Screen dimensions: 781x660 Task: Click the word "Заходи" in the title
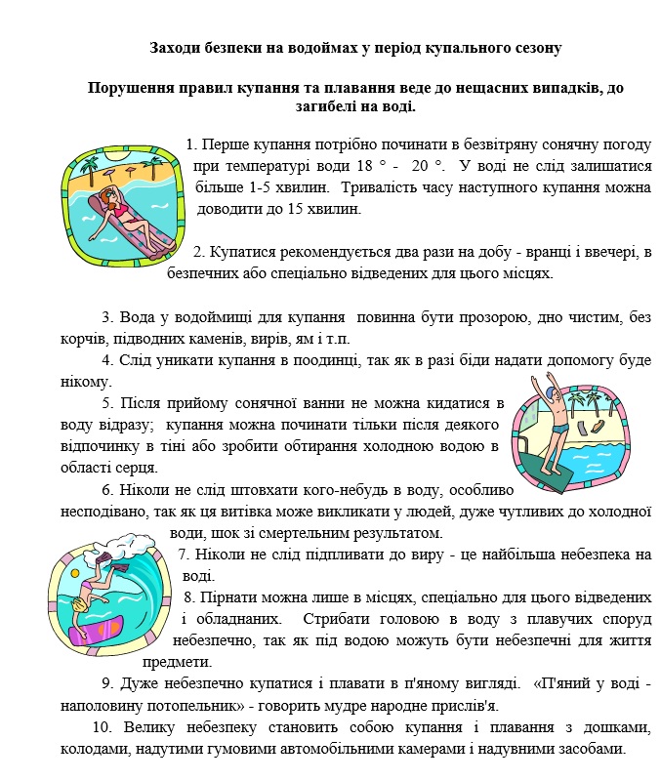click(177, 47)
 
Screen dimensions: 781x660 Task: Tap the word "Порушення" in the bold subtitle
click(131, 88)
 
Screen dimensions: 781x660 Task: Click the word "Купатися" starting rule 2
click(244, 253)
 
